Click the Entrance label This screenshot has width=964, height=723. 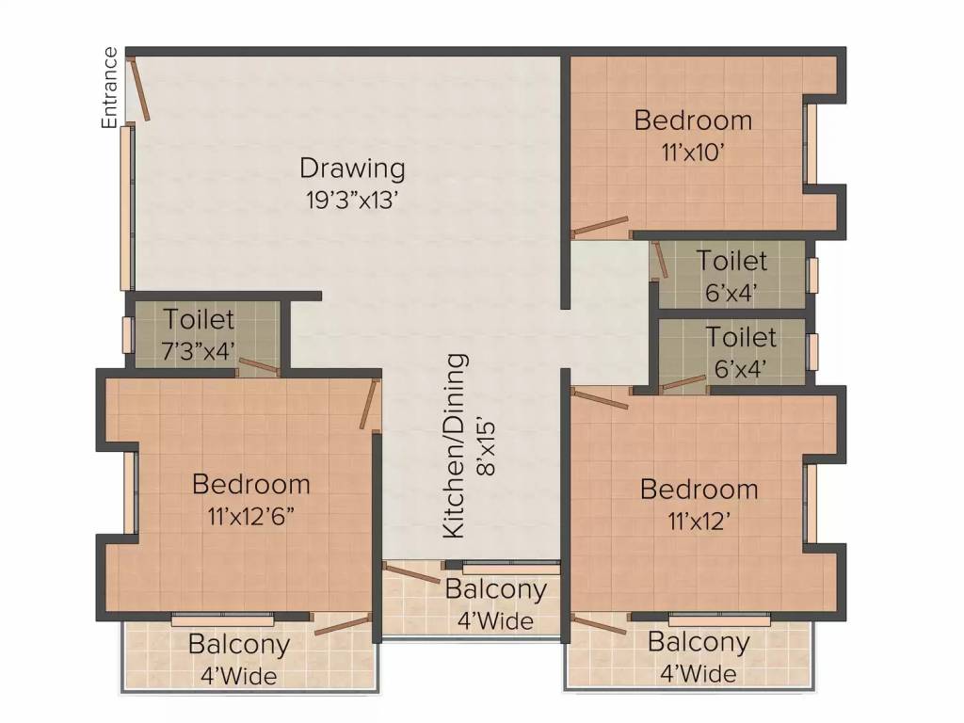click(109, 88)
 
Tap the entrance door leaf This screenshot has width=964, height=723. click(139, 88)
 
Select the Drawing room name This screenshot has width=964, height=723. click(352, 169)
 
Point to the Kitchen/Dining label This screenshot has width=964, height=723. click(456, 445)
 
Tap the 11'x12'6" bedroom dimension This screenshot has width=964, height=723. click(250, 517)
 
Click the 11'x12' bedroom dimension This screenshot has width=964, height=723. click(699, 522)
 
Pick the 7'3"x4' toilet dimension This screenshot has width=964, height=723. click(199, 351)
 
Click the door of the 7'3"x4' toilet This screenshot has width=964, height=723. click(259, 366)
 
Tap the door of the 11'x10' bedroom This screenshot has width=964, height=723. click(600, 227)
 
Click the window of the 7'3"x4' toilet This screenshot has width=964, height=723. click(127, 335)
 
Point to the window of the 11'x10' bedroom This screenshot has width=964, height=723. click(811, 144)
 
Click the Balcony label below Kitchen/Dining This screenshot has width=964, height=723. click(495, 589)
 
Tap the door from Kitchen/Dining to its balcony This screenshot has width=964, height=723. click(410, 572)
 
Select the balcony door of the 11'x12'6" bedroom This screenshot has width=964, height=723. click(343, 624)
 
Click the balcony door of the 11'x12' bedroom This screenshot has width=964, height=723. click(599, 623)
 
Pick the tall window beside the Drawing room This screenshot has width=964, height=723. click(126, 207)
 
